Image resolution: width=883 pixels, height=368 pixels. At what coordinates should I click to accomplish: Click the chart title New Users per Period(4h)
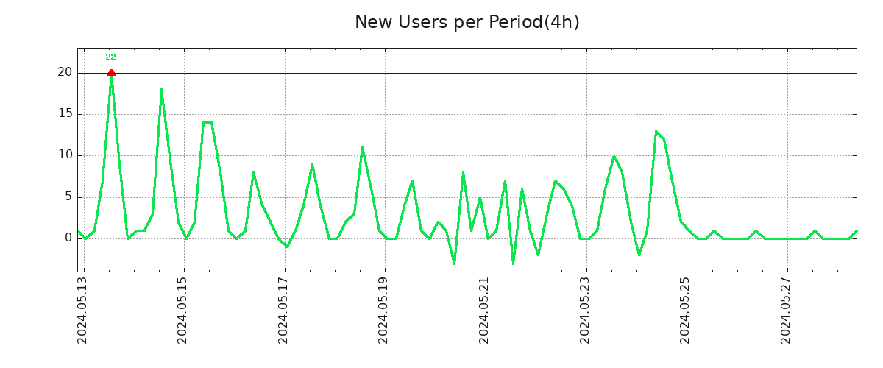click(x=467, y=22)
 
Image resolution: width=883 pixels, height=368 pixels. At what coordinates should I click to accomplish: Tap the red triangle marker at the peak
click(x=111, y=72)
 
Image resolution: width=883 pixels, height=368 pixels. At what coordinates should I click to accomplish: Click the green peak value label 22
click(x=110, y=57)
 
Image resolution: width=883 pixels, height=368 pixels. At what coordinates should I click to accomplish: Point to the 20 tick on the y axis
click(x=65, y=72)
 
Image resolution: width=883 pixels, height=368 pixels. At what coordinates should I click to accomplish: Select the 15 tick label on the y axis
click(x=65, y=113)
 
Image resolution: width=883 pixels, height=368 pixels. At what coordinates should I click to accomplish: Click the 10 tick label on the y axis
click(x=65, y=155)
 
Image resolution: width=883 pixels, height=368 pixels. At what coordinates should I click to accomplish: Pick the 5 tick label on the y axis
click(x=68, y=197)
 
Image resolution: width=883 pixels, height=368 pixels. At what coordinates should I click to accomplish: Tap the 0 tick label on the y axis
click(x=68, y=238)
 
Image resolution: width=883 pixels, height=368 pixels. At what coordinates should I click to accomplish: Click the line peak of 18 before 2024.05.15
click(x=161, y=90)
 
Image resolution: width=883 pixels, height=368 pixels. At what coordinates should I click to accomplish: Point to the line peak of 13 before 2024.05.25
click(x=656, y=131)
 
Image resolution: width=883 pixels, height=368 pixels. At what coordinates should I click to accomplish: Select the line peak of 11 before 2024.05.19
click(x=362, y=148)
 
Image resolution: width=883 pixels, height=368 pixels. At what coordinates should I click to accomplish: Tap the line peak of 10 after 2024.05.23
click(x=614, y=156)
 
